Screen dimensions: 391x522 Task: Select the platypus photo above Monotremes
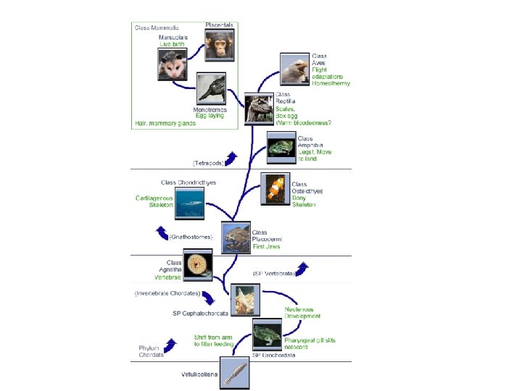(211, 89)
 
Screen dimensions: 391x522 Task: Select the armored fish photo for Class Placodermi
(236, 237)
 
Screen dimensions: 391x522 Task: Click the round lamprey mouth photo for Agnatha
(198, 265)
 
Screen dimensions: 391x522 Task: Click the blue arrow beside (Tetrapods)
(231, 158)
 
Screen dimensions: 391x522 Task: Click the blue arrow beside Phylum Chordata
(171, 347)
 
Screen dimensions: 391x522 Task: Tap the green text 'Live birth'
(173, 45)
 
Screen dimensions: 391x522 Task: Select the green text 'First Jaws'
(265, 247)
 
